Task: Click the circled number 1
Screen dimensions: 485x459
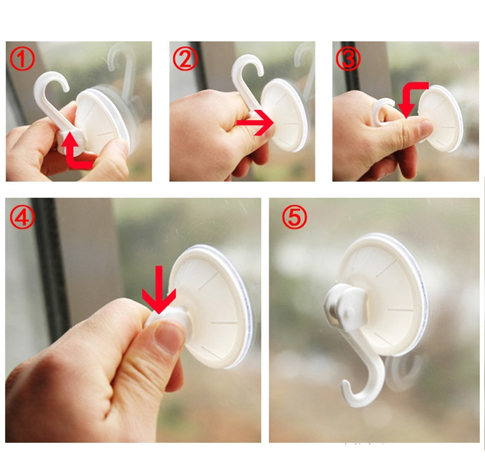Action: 22,60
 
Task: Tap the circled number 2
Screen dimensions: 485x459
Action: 185,60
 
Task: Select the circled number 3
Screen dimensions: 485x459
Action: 348,60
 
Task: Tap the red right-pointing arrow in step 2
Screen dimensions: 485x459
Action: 255,123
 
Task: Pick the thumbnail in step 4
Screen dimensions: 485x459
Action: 167,337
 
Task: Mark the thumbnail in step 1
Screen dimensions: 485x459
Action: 119,146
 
